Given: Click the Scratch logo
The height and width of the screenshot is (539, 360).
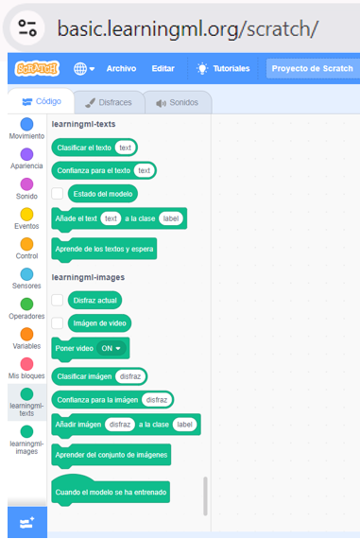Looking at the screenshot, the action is point(37,68).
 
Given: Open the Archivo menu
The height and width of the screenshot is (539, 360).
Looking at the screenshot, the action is point(121,68).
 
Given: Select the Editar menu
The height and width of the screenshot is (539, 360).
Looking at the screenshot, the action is point(163,68).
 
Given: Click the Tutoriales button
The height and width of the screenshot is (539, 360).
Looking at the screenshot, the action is point(223,68).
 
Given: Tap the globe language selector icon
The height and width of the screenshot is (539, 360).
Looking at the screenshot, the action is point(80,69).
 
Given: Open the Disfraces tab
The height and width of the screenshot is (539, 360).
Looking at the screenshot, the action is point(109,102).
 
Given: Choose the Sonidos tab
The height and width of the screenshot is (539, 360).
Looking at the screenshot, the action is point(178,102).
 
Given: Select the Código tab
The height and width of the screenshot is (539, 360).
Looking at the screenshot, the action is point(42,101).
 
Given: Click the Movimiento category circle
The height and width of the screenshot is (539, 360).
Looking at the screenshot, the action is point(26,124).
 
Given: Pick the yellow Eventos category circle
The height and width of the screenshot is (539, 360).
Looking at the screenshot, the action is point(26,214).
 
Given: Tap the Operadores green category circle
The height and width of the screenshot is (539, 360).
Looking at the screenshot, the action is point(26,304).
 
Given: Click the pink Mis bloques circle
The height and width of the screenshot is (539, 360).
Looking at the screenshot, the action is point(26,364).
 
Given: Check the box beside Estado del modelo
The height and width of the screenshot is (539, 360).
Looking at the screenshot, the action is point(58,194).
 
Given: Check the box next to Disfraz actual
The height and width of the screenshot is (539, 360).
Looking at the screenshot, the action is point(58,300).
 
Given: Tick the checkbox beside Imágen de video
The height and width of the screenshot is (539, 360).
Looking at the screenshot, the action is point(58,323).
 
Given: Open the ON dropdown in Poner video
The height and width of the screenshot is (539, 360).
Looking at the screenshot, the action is point(111,348).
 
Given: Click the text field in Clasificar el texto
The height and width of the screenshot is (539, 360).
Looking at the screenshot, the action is point(125,148).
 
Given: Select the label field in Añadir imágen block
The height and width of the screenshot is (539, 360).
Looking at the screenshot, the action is point(184,425).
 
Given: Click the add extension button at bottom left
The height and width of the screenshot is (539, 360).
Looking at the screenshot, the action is point(27,523).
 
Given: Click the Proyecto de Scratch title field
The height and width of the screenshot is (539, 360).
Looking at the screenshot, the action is point(313,68).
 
